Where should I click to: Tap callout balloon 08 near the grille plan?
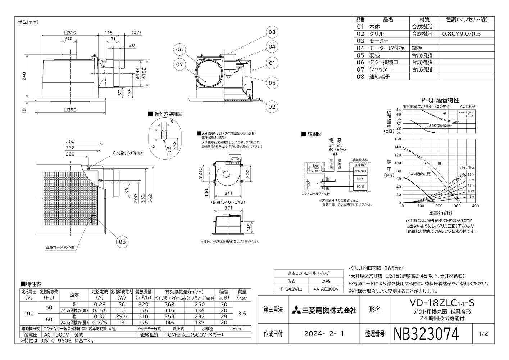122,242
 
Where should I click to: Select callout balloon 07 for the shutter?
179,65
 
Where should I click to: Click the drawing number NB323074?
427,334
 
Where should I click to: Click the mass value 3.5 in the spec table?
242,314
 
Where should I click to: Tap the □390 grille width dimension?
70,110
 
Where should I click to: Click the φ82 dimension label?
69,39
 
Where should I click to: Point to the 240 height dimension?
24,76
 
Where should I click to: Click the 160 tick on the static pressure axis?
397,139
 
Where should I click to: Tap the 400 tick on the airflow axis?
475,206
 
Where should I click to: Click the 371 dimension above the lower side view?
228,208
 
